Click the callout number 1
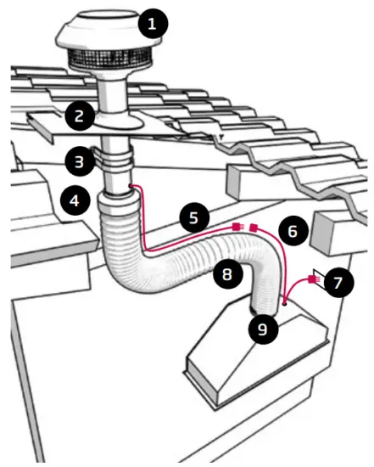(152, 24)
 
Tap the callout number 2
(78, 115)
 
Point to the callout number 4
(75, 201)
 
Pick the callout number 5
(193, 218)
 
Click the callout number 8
(226, 274)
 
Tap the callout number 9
(261, 329)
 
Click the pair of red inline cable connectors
(244, 227)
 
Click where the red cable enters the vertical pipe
(129, 184)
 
